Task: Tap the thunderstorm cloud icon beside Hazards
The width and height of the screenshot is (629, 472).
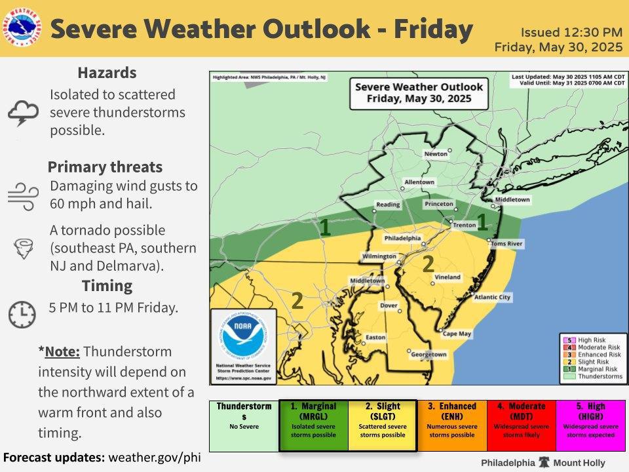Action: click(x=23, y=112)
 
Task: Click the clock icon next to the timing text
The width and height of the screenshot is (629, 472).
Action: click(x=22, y=314)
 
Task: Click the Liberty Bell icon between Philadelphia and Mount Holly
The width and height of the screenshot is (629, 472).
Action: click(x=543, y=462)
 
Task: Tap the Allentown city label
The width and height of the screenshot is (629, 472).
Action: click(x=419, y=182)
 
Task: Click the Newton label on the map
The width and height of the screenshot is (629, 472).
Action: click(x=436, y=153)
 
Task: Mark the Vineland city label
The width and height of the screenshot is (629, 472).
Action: click(x=448, y=277)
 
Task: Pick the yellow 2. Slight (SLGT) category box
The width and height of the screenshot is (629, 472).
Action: click(x=382, y=425)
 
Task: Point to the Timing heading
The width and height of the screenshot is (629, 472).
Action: click(x=107, y=286)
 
